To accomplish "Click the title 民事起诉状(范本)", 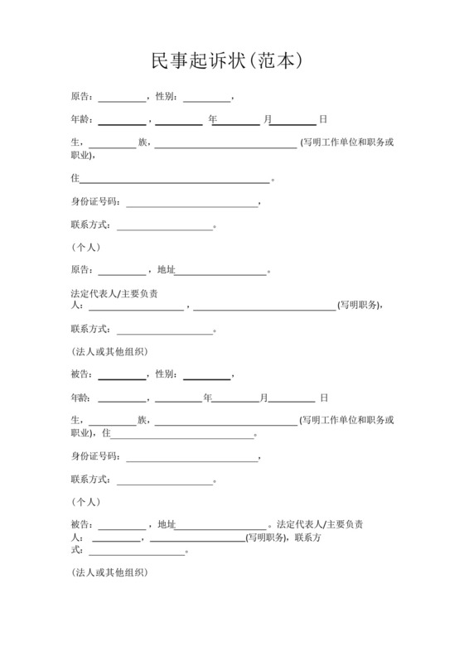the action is tap(231, 60).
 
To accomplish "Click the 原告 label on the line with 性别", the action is tap(81, 96).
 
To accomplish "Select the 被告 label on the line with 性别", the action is tap(81, 374).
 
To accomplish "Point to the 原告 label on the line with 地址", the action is tap(81, 270).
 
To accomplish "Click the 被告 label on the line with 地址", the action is tap(81, 523).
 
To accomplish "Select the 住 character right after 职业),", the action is tap(106, 432).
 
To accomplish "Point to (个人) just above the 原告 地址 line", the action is tap(86, 247).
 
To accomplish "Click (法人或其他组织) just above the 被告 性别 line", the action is tap(110, 351).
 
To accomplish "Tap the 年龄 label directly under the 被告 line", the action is tap(81, 398).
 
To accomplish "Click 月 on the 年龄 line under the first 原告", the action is tap(268, 119).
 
